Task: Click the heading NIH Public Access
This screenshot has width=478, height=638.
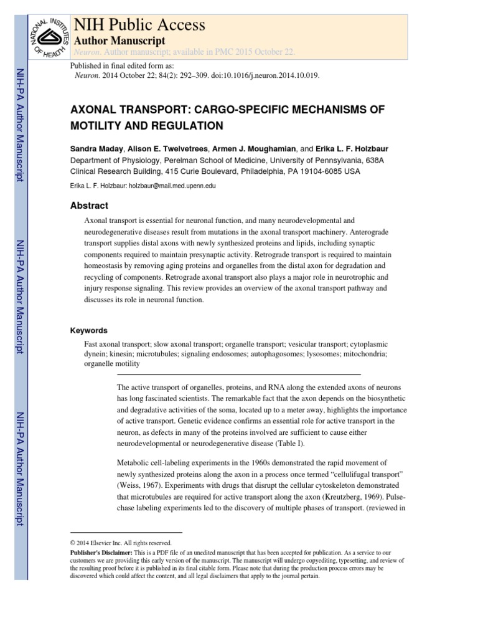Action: [x=139, y=25]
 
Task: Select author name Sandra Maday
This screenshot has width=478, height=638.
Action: [x=98, y=150]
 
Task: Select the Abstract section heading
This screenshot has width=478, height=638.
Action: [x=90, y=206]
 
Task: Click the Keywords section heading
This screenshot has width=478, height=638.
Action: [x=89, y=330]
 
